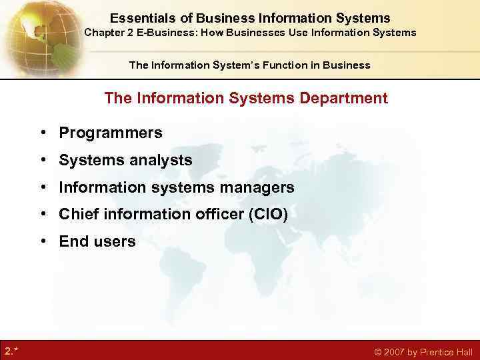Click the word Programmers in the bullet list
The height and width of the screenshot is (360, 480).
click(x=111, y=133)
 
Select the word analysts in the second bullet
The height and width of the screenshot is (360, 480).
click(x=162, y=161)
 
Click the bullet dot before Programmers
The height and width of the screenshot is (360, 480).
click(x=42, y=133)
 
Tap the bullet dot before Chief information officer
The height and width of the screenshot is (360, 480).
click(x=42, y=215)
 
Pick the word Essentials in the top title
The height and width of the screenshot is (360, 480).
click(x=142, y=18)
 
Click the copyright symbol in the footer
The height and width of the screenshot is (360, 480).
click(x=377, y=352)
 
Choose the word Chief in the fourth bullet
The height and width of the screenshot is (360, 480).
click(x=77, y=215)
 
